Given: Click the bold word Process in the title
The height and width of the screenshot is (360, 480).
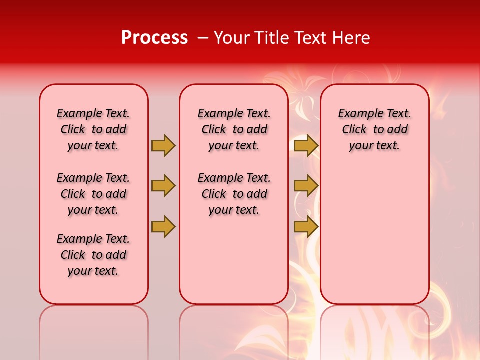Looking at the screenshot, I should click(x=154, y=38).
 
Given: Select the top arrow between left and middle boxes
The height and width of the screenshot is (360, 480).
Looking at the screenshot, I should click(x=163, y=146).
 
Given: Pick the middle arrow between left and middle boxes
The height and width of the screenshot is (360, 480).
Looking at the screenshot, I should click(x=163, y=186).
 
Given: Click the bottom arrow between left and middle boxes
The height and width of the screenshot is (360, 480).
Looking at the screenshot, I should click(x=163, y=226).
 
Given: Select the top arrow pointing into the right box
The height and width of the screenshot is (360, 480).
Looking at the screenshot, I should click(x=306, y=146).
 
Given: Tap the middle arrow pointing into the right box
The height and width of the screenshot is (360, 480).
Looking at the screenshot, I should click(x=306, y=186).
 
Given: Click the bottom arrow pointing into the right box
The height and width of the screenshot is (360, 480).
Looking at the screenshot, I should click(x=306, y=226).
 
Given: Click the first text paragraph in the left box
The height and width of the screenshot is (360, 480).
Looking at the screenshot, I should click(x=93, y=130).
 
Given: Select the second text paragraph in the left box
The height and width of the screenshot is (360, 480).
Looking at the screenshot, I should click(x=93, y=194).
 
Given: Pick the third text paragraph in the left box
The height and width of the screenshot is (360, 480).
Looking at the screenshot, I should click(x=93, y=255).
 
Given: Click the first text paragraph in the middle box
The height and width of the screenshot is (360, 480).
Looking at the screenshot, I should click(x=234, y=130).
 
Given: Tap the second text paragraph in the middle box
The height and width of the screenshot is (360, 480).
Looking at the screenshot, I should click(x=234, y=194).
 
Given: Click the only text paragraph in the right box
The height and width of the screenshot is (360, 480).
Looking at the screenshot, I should click(x=374, y=130).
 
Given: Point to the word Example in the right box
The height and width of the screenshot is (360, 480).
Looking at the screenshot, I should click(x=357, y=114).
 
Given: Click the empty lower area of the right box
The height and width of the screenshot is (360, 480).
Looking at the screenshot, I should click(x=374, y=240).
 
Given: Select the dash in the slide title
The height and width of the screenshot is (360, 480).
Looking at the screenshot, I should click(x=203, y=38).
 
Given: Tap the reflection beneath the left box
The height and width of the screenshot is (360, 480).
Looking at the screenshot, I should click(x=93, y=330).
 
